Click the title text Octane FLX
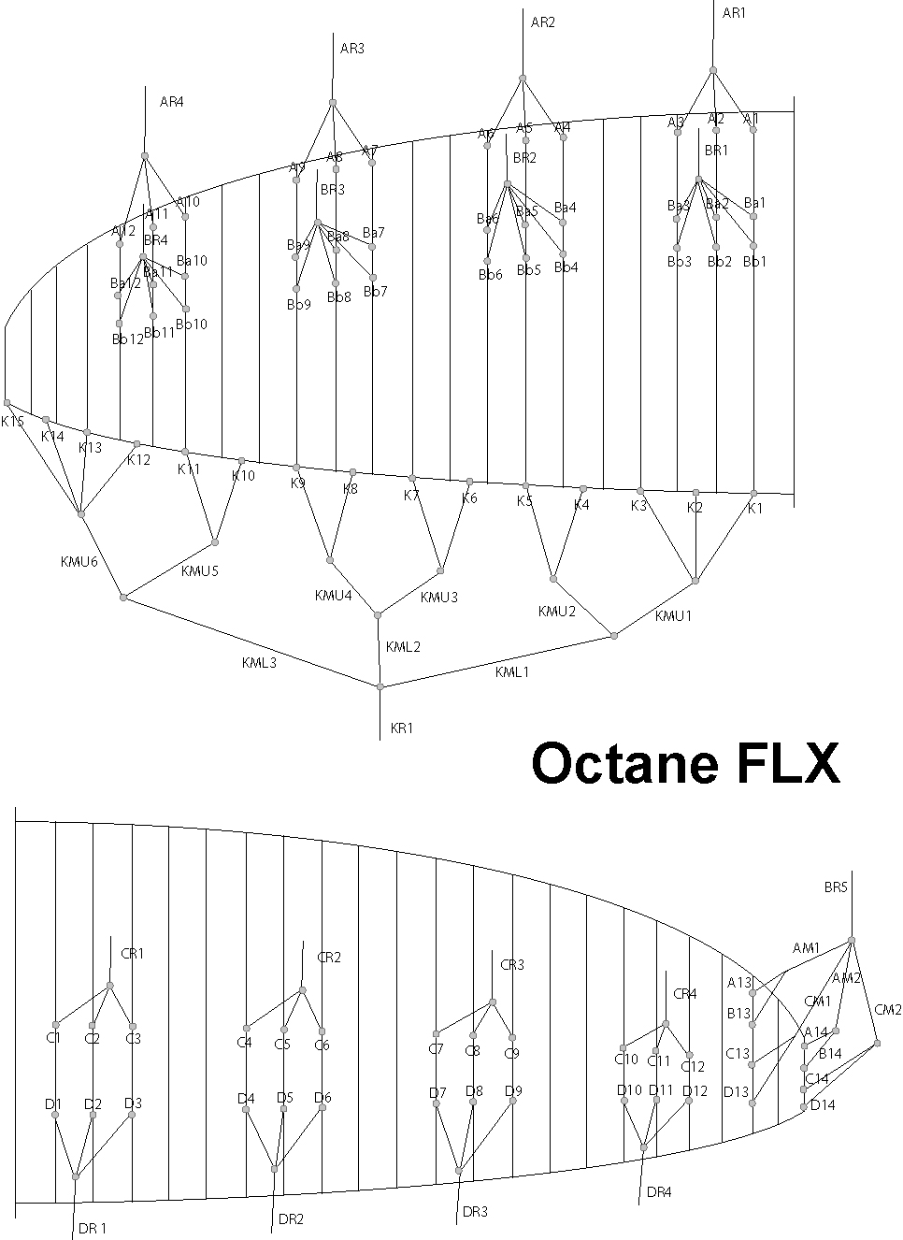point(685,764)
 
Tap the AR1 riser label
point(735,13)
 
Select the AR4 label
point(172,102)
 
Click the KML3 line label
point(259,663)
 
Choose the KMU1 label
point(673,615)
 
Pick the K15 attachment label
point(12,422)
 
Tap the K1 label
point(755,508)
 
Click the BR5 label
point(836,887)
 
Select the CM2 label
point(888,1010)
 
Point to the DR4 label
point(659,1192)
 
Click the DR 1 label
point(93,1228)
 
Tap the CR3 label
point(512,964)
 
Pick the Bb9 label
point(298,305)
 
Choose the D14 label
point(822,1105)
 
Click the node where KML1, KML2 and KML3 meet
point(380,687)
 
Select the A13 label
point(739,982)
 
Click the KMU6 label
point(79,561)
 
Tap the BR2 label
point(524,158)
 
